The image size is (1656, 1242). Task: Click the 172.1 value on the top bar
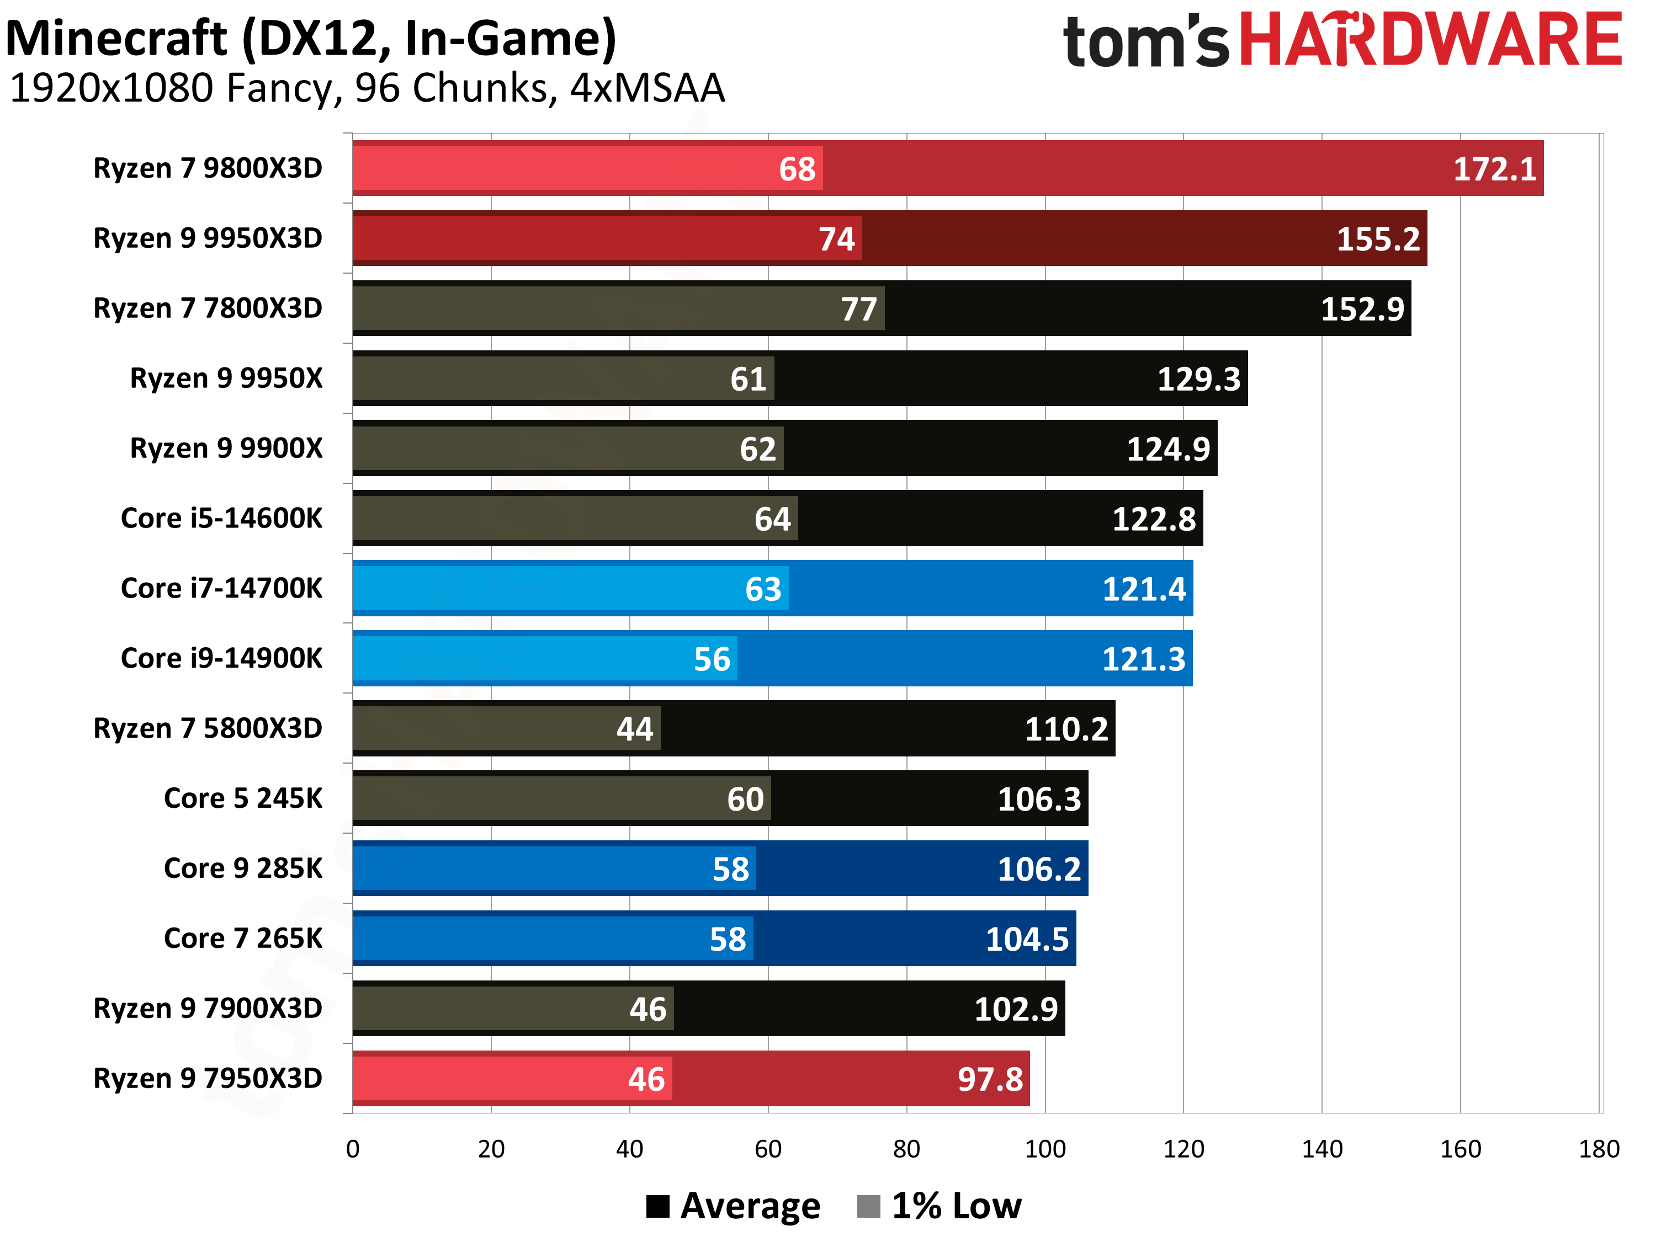1494,169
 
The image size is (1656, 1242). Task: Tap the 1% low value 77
859,309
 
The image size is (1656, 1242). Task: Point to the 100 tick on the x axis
1044,1148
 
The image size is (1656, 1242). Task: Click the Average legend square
657,1206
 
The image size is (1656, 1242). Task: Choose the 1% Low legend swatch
868,1206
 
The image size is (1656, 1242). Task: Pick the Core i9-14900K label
221,658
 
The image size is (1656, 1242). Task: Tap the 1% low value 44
635,729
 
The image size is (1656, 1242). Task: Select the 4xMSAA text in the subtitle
647,88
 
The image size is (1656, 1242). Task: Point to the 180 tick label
1599,1148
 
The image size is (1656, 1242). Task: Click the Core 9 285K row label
243,868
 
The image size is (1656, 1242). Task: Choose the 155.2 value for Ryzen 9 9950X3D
1378,239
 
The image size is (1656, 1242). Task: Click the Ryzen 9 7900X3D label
208,1009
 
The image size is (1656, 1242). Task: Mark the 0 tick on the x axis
353,1148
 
